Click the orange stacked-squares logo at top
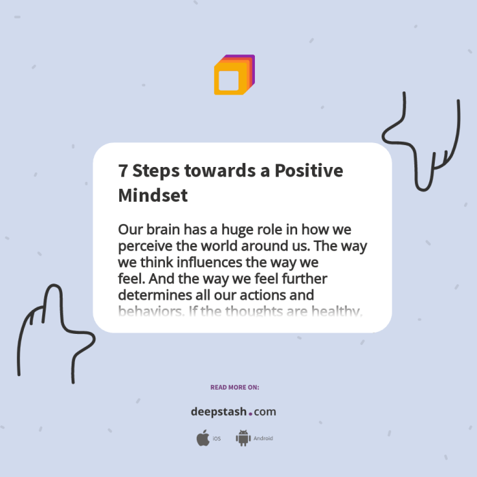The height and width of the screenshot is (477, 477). pyautogui.click(x=234, y=75)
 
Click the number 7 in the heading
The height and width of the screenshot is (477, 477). pyautogui.click(x=123, y=171)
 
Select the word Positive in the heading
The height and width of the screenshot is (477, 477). pyautogui.click(x=309, y=171)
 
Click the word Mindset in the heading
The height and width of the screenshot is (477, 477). pyautogui.click(x=153, y=195)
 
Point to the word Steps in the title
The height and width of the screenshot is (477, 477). pyautogui.click(x=156, y=171)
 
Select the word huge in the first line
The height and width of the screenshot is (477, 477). pyautogui.click(x=234, y=230)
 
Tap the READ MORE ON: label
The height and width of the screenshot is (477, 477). pyautogui.click(x=234, y=387)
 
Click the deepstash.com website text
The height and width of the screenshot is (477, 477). pyautogui.click(x=233, y=412)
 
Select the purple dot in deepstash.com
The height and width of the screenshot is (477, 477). pyautogui.click(x=250, y=414)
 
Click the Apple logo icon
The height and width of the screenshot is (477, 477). pyautogui.click(x=202, y=438)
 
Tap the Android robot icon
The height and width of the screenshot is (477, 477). pyautogui.click(x=243, y=438)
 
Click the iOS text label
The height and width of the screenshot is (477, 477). pyautogui.click(x=217, y=439)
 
